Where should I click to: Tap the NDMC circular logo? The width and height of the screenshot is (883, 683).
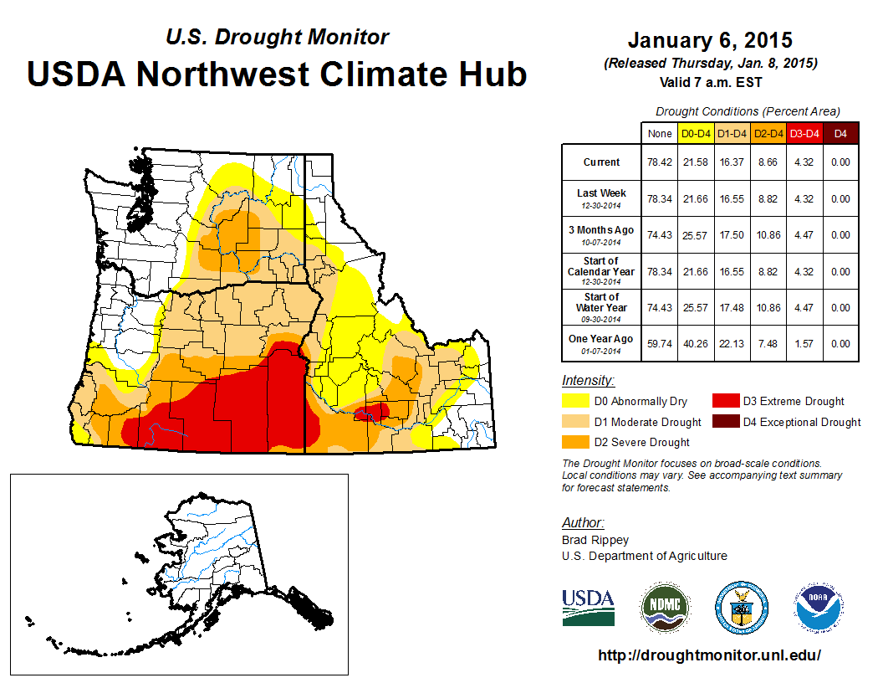(x=666, y=607)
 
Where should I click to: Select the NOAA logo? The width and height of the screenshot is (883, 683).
(x=819, y=607)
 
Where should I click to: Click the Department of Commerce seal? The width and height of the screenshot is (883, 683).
(x=741, y=607)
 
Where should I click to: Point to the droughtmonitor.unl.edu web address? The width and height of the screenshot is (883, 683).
(x=710, y=655)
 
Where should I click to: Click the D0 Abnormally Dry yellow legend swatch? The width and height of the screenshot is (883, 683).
(x=577, y=402)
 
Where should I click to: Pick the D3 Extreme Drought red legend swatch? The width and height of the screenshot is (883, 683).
(x=725, y=402)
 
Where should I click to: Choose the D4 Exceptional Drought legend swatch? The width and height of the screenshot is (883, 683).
(x=725, y=422)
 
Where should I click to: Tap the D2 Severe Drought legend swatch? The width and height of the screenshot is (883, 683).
(x=577, y=442)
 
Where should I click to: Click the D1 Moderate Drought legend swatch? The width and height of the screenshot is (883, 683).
(x=577, y=422)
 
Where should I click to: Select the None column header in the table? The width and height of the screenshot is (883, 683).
(x=659, y=133)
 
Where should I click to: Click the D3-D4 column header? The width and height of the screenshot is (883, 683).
(x=804, y=133)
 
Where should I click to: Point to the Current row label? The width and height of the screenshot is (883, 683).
(x=602, y=162)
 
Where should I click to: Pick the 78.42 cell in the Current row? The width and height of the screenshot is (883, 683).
(x=659, y=162)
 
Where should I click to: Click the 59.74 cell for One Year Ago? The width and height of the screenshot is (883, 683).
(x=659, y=343)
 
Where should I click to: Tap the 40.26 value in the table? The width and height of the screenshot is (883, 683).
(x=696, y=343)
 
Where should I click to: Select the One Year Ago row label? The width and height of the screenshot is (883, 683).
(x=601, y=339)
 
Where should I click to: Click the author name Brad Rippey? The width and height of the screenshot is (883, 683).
(x=595, y=540)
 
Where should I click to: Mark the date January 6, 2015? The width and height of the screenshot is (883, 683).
(x=710, y=40)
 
